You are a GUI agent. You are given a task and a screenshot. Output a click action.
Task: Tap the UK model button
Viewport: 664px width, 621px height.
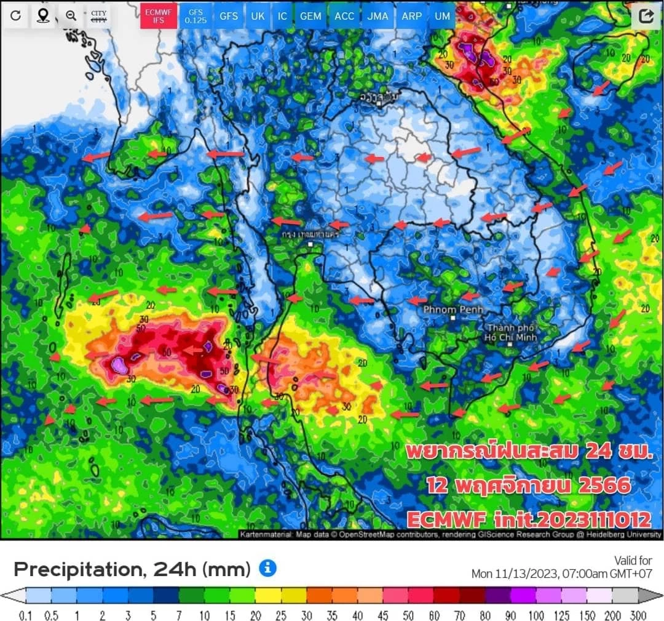(x=258, y=16)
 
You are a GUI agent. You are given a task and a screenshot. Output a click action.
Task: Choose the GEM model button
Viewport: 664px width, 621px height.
(x=310, y=16)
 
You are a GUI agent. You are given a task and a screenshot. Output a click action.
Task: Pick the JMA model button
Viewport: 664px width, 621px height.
(x=377, y=16)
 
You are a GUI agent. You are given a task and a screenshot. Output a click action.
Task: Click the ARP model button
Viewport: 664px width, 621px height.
(x=411, y=16)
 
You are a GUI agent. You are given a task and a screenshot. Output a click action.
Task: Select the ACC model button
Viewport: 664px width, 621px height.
(x=344, y=16)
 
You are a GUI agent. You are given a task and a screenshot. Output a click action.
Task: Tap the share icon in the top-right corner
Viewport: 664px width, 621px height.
(x=646, y=16)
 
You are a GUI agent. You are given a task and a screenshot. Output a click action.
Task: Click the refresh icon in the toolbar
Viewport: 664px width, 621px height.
(x=16, y=16)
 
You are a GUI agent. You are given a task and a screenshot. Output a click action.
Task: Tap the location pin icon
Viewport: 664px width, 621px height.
(x=43, y=16)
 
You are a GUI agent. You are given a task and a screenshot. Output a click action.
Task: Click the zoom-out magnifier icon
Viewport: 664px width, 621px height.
(x=71, y=16)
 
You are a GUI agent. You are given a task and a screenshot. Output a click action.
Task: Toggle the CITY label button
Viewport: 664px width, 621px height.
(x=98, y=16)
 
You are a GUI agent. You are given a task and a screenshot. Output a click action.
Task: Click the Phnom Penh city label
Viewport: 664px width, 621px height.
(x=453, y=310)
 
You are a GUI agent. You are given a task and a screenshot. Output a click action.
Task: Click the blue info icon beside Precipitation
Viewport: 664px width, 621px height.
(x=267, y=568)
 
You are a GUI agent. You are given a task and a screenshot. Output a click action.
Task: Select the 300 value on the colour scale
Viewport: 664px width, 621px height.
(x=638, y=615)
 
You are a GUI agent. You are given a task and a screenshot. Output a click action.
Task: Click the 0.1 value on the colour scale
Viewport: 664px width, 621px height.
(x=26, y=615)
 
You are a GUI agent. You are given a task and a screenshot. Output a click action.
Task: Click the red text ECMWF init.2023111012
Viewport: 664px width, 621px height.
(x=528, y=519)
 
